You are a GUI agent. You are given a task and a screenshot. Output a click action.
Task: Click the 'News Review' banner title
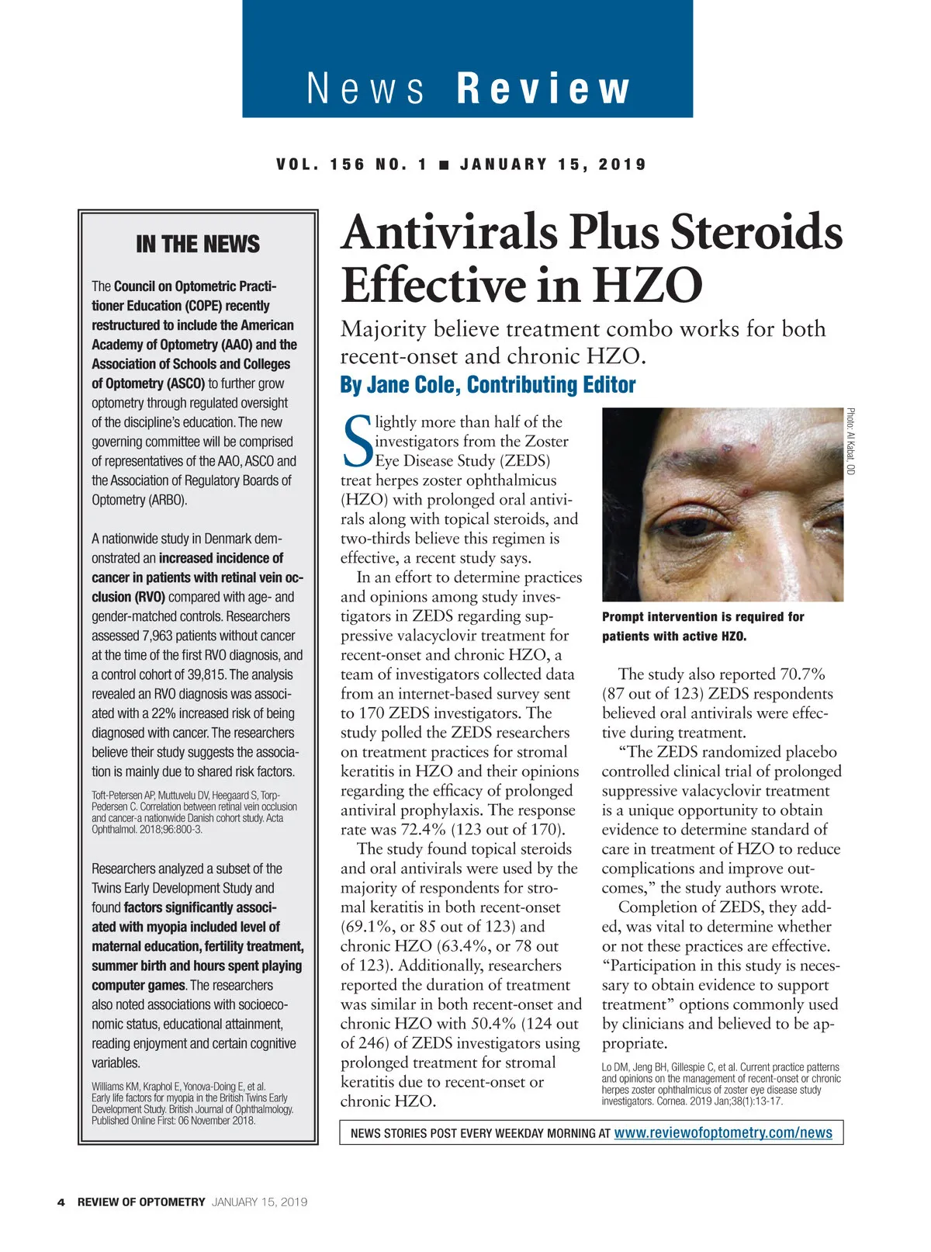(x=468, y=88)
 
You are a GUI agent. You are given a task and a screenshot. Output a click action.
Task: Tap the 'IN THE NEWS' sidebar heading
(x=198, y=245)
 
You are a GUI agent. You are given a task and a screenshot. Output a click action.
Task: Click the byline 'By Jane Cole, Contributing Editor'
(x=487, y=385)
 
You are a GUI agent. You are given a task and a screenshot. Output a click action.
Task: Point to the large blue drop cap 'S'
(x=356, y=442)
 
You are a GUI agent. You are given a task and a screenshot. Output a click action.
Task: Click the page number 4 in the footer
(x=61, y=1202)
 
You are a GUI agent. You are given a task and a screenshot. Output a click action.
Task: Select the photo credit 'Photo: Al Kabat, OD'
(x=850, y=442)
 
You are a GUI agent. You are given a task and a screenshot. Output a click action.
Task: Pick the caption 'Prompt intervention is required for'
(x=703, y=617)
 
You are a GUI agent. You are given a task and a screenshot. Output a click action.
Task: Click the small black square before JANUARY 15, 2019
(x=444, y=165)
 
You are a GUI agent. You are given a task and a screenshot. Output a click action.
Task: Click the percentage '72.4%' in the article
(x=424, y=830)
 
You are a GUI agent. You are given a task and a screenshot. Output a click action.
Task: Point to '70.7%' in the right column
(x=802, y=674)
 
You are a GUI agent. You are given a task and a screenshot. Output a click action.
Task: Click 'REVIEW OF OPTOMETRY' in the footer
(x=141, y=1202)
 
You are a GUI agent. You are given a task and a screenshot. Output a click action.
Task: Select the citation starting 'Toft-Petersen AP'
(x=194, y=812)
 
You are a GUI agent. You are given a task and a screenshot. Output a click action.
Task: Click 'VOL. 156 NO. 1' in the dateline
(x=351, y=165)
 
